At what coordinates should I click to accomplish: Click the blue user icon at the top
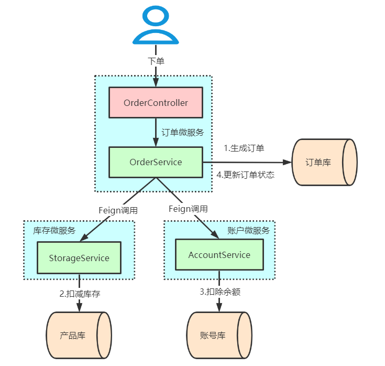pyautogui.click(x=156, y=26)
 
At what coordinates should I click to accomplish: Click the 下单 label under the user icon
pyautogui.click(x=156, y=61)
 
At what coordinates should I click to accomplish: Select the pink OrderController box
pyautogui.click(x=156, y=103)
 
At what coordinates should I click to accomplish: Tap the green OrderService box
pyautogui.click(x=156, y=162)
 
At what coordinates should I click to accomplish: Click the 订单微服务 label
pyautogui.click(x=183, y=133)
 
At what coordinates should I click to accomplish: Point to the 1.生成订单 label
pyautogui.click(x=244, y=148)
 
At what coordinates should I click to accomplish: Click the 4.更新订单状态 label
pyautogui.click(x=246, y=175)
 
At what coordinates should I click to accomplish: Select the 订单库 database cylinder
pyautogui.click(x=324, y=162)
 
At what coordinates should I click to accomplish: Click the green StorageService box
pyautogui.click(x=79, y=258)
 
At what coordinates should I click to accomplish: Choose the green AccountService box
pyautogui.click(x=219, y=255)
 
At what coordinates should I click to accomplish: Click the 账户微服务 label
pyautogui.click(x=249, y=231)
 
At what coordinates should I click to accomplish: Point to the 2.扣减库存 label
pyautogui.click(x=80, y=294)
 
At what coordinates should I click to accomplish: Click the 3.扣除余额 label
pyautogui.click(x=220, y=292)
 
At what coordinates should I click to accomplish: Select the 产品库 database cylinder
pyautogui.click(x=79, y=336)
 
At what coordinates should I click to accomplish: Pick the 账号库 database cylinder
pyautogui.click(x=219, y=335)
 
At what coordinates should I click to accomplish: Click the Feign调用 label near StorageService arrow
pyautogui.click(x=118, y=210)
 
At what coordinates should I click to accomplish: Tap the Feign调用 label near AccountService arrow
pyautogui.click(x=188, y=209)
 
